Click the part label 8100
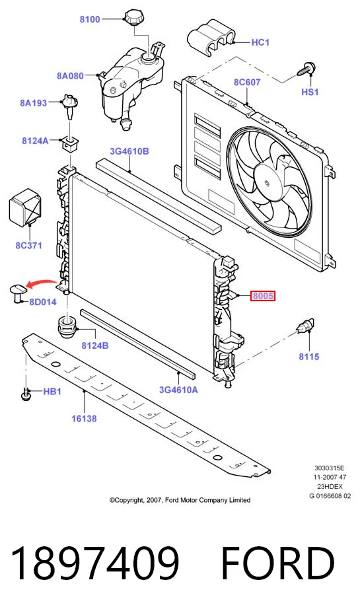90,18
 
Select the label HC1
260,42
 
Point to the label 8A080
70,76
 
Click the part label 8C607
247,82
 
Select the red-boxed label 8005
263,296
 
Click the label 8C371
28,246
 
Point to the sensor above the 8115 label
305,326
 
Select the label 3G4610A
178,390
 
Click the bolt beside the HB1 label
26,394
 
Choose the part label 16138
84,419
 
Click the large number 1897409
94,564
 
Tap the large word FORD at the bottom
277,564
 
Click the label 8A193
33,103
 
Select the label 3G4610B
129,151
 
